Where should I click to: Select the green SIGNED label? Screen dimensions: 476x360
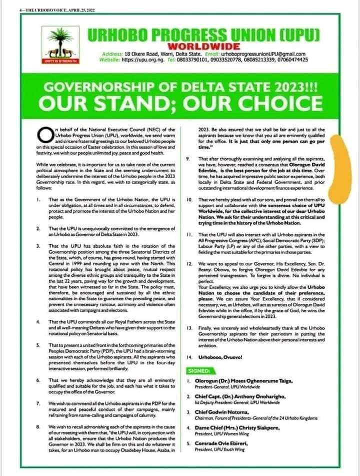pos(201,371)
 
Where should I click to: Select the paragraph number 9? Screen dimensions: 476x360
pos(188,158)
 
